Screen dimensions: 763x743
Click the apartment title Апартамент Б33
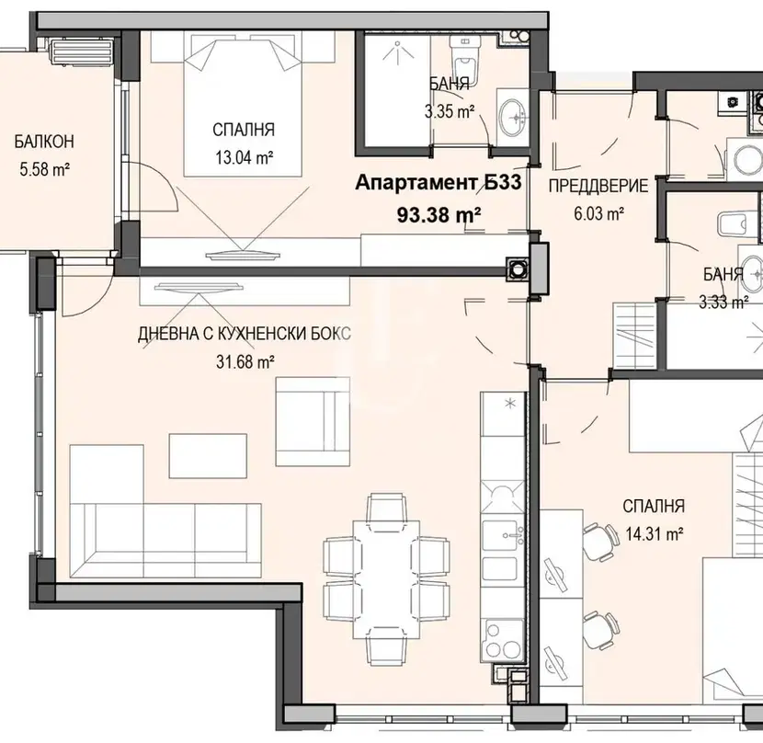coord(438,183)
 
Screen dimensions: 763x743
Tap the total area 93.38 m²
coord(438,213)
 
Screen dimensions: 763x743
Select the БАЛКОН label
coord(44,142)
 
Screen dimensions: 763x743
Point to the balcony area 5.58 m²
coord(44,170)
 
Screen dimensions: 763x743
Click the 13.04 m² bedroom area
coord(244,157)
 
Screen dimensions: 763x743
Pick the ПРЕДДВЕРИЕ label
coord(598,186)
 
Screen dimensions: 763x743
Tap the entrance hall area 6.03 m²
coord(599,213)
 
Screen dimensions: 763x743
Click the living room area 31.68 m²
coord(245,361)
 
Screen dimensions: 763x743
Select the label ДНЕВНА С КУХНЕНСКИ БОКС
coord(245,334)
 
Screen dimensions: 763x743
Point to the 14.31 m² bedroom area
coord(654,534)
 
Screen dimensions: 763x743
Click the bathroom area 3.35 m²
coord(450,111)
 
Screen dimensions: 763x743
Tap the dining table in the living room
coord(387,579)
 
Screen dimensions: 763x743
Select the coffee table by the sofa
coord(208,456)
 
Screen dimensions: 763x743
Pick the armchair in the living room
coord(313,421)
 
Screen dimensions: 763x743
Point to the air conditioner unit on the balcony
coord(82,51)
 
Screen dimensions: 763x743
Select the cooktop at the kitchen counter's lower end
coord(503,641)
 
